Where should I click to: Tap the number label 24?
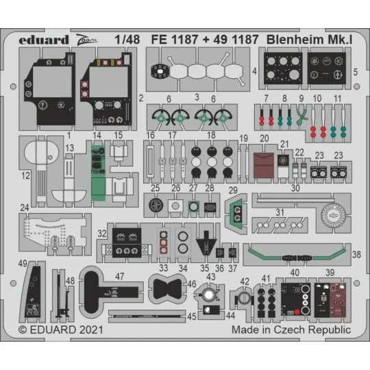[x=25, y=206]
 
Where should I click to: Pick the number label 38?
[x=356, y=254]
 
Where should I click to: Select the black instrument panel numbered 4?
[x=280, y=70]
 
